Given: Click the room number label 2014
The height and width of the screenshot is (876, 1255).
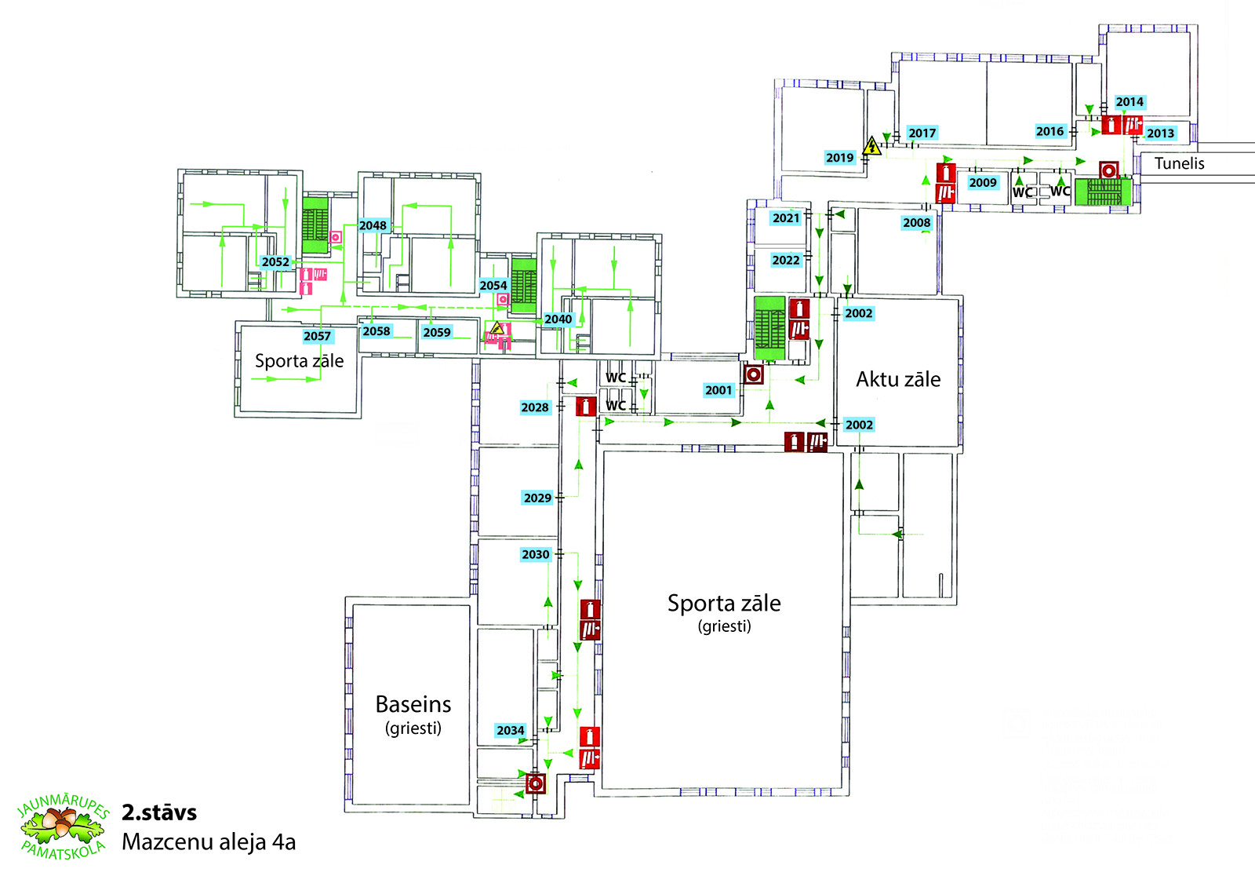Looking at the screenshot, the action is coord(1129,102).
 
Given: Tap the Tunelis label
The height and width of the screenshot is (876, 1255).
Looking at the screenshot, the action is coord(1180,163).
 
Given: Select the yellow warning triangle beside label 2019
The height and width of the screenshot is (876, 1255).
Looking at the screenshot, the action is coord(871,146).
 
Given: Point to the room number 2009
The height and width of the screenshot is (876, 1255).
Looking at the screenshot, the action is coord(983,182).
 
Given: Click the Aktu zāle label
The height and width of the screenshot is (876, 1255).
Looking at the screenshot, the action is coord(898,380).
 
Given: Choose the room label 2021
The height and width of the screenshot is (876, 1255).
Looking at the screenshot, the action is coord(786,218).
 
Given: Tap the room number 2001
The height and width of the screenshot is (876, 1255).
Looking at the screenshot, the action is coord(718,390).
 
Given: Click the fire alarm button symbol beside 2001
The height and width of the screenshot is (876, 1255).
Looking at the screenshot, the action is coord(754,374).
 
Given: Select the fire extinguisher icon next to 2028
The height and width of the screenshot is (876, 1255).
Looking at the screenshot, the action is coord(586,406).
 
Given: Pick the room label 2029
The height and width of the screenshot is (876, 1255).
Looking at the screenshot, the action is coord(537,498).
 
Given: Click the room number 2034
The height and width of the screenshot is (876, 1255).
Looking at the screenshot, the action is coord(511,730).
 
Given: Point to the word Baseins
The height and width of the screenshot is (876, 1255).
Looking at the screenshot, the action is coord(413,704).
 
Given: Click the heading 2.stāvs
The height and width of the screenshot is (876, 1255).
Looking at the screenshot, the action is coord(159,812).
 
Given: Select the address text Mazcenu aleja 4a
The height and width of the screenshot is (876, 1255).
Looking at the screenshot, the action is coord(209,842).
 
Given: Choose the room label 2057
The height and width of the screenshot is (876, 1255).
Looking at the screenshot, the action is coord(317,336).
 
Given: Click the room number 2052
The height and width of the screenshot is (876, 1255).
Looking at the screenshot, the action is coord(275,262).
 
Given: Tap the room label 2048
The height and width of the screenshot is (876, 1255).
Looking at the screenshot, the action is coord(373,225).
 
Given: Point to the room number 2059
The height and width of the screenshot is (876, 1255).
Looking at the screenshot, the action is coord(437,332).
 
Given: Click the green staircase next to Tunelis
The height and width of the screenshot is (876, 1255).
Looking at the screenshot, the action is coord(1103,192).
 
